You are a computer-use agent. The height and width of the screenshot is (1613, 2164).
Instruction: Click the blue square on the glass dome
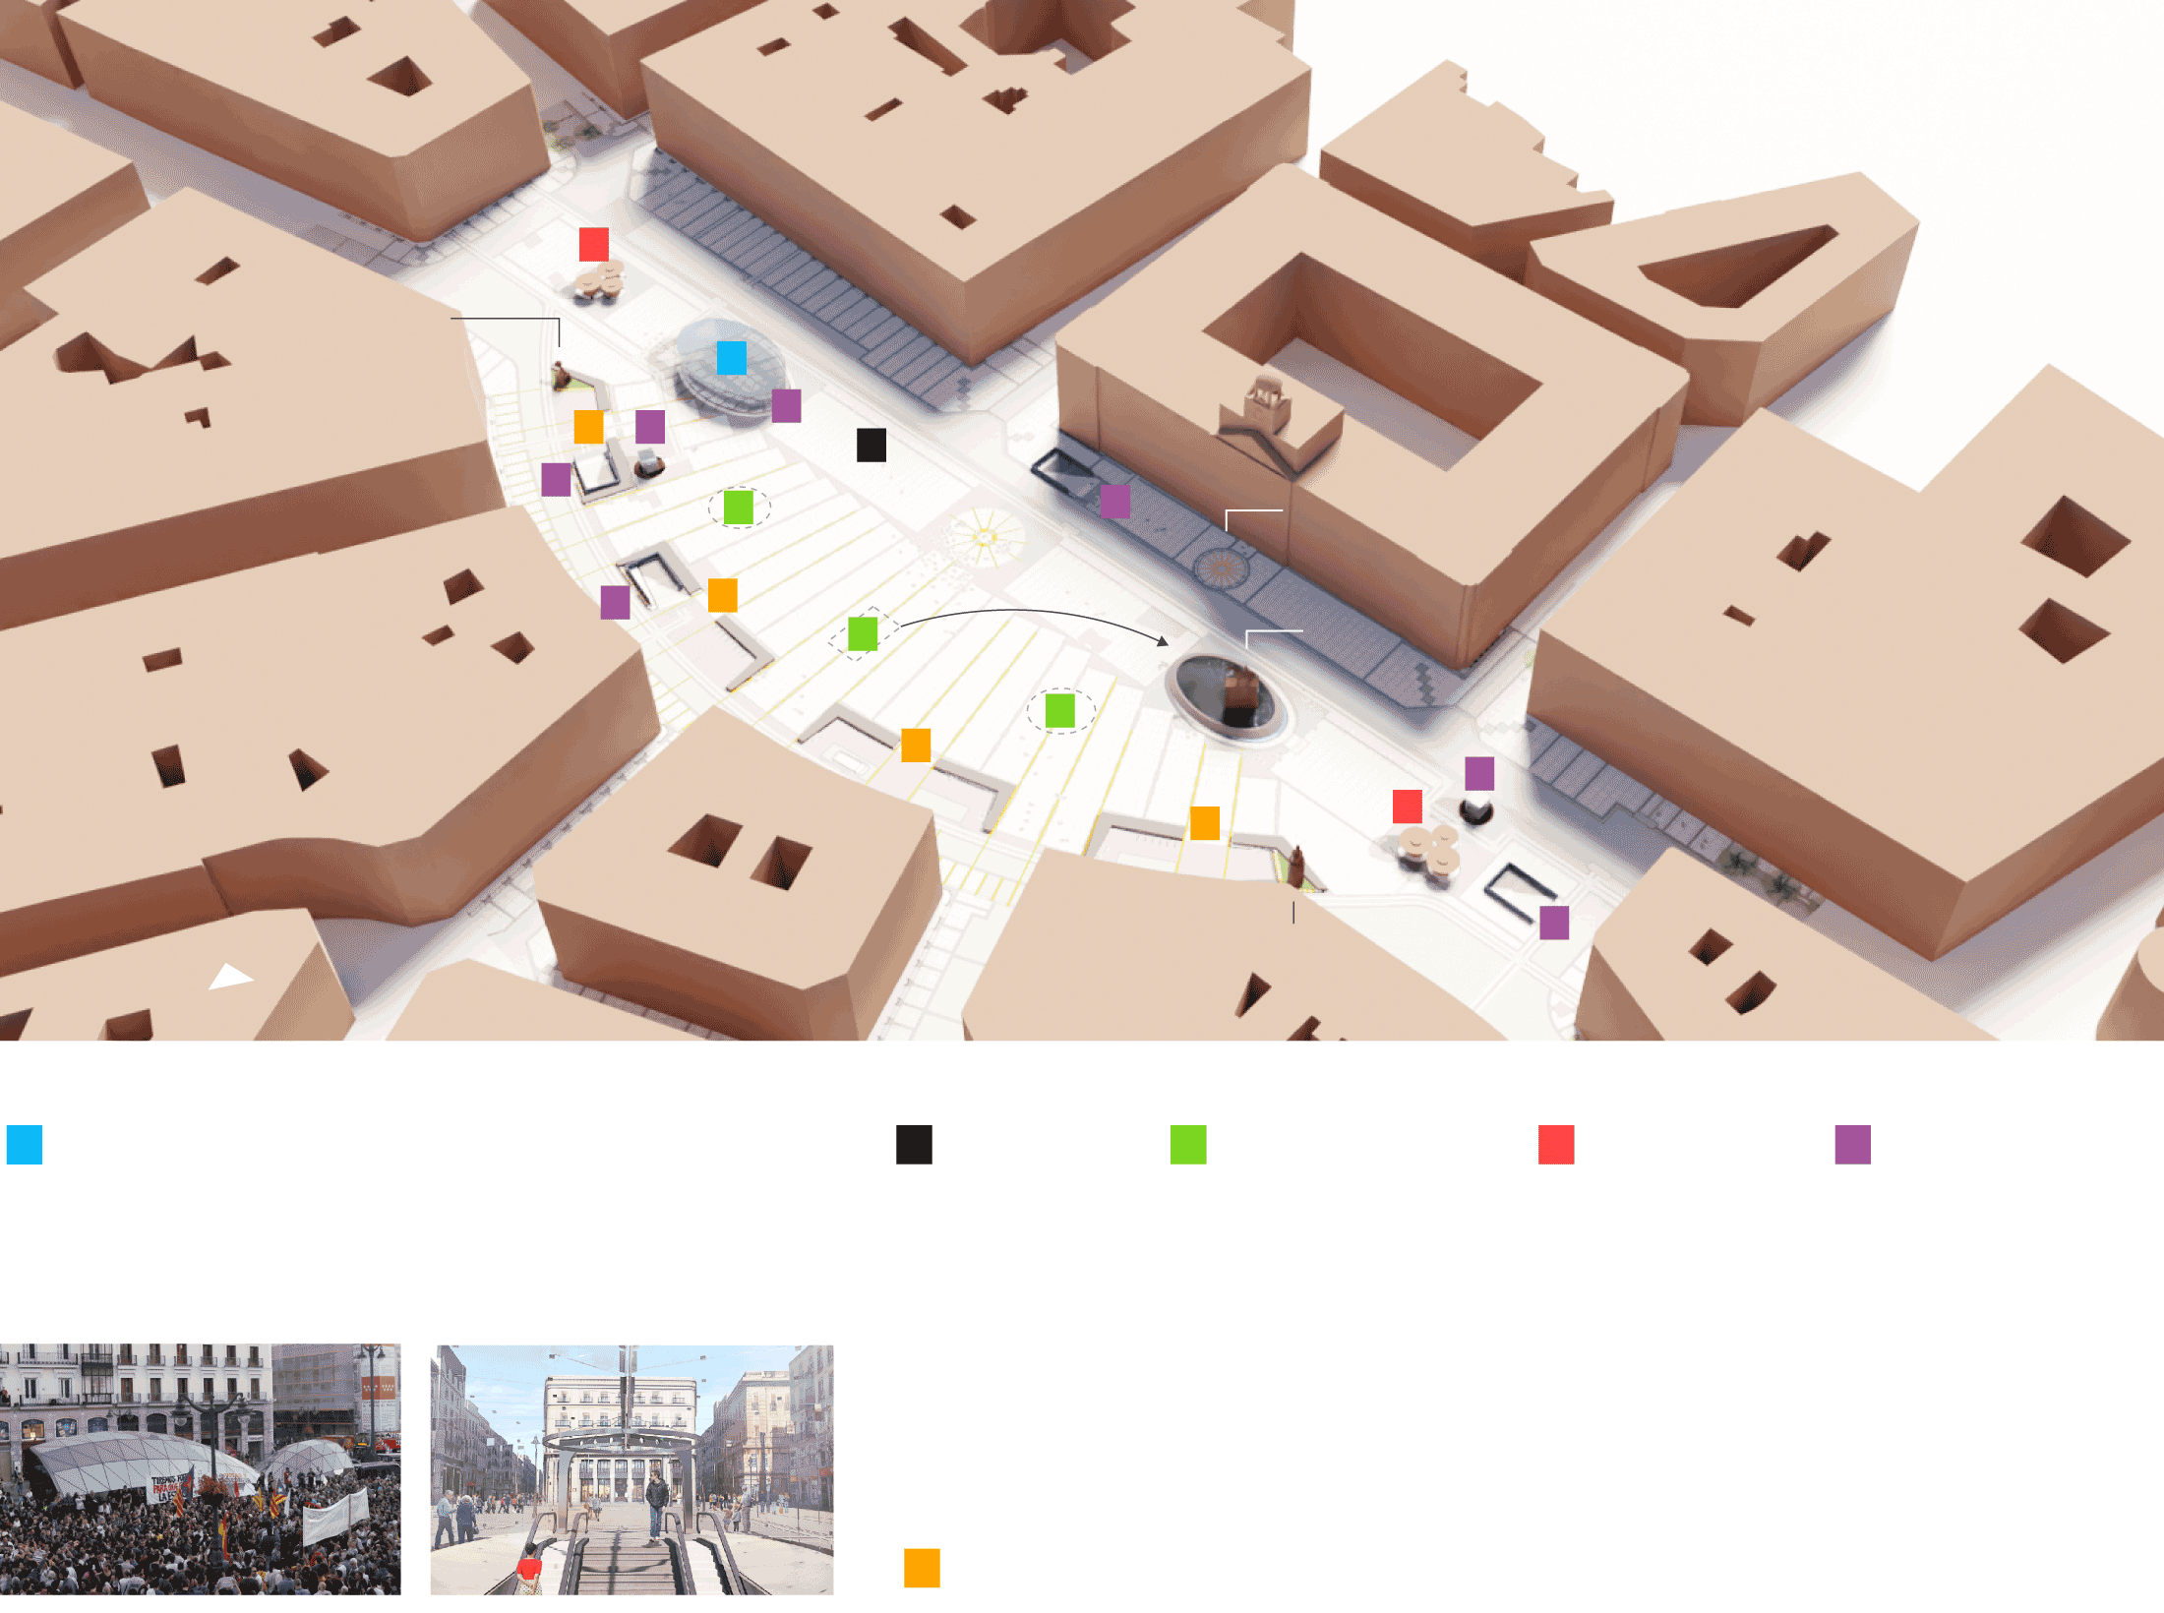[x=731, y=358]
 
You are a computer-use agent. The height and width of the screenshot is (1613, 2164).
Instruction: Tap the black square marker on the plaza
[x=871, y=445]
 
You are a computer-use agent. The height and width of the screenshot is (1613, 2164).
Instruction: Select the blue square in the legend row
[x=25, y=1145]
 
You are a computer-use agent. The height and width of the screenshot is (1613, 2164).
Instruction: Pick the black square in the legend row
[x=914, y=1145]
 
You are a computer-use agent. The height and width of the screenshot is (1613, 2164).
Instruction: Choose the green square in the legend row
[x=1188, y=1145]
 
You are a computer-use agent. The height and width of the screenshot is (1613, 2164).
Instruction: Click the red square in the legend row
[x=1556, y=1145]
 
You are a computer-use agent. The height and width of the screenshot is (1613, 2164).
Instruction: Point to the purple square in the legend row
[x=1852, y=1145]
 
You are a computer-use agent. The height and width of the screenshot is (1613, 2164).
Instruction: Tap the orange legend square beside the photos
[x=922, y=1568]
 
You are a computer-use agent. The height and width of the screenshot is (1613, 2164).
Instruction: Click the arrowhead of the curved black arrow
[x=1164, y=641]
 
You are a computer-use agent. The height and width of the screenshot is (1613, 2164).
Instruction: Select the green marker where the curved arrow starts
[x=863, y=634]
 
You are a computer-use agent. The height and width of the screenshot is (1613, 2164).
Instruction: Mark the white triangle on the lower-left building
[x=231, y=977]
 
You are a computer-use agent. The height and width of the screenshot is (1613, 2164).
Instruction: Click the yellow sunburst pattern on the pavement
[x=984, y=537]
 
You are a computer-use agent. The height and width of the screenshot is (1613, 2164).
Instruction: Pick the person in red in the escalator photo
[x=529, y=1568]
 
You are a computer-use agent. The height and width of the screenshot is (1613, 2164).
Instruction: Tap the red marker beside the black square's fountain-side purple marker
[x=1407, y=806]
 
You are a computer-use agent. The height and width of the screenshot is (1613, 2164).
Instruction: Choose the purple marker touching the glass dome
[x=786, y=405]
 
